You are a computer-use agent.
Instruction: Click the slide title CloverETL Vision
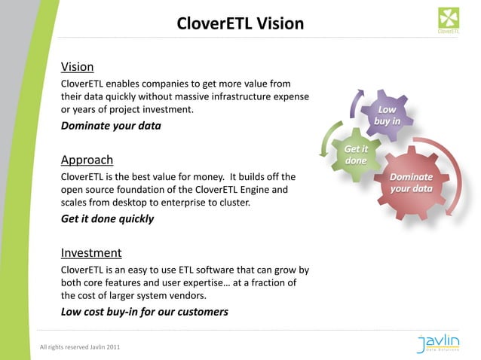pos(240,23)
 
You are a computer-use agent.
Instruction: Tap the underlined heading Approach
pos(87,160)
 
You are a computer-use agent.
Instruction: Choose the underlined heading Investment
pos(91,253)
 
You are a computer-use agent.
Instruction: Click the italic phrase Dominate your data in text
pos(111,126)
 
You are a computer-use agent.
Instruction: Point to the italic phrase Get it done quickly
pos(107,219)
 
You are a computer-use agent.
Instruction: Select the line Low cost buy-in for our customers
pos(144,312)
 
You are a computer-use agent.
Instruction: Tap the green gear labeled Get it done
pos(355,156)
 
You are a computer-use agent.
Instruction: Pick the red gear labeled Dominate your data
pos(411,183)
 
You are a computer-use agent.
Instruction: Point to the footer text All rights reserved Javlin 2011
pos(79,346)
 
